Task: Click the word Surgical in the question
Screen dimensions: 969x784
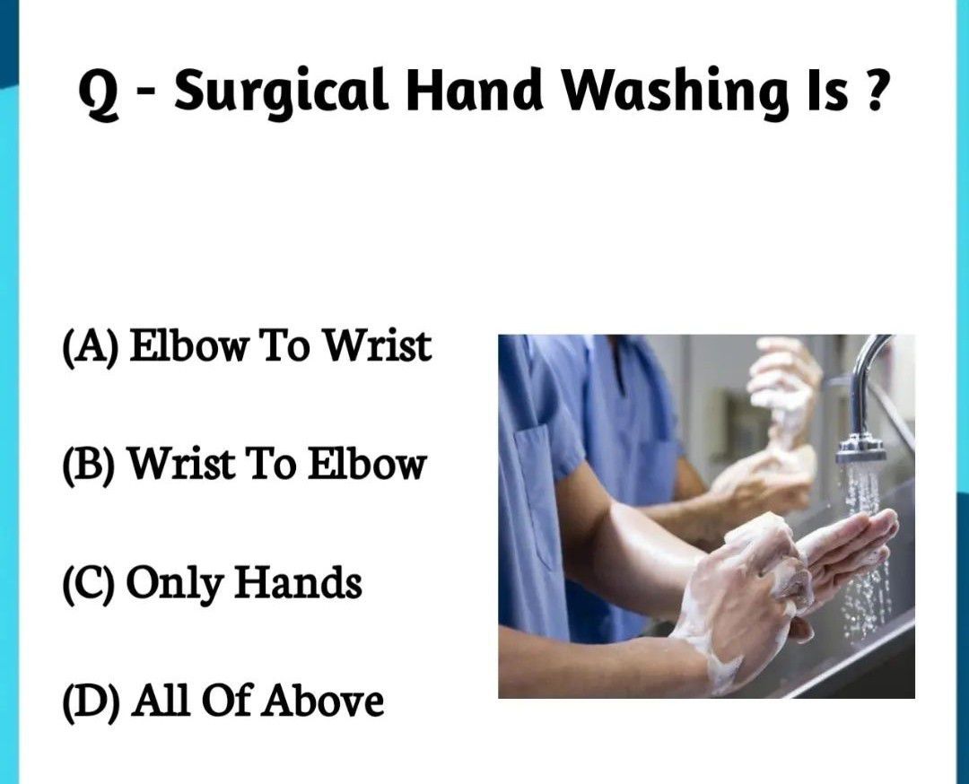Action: click(x=281, y=91)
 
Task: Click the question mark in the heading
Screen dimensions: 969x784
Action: click(x=873, y=90)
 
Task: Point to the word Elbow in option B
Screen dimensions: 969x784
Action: click(x=367, y=464)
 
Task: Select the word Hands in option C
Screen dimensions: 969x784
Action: click(x=298, y=582)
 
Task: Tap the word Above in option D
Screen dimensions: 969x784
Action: click(x=322, y=701)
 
